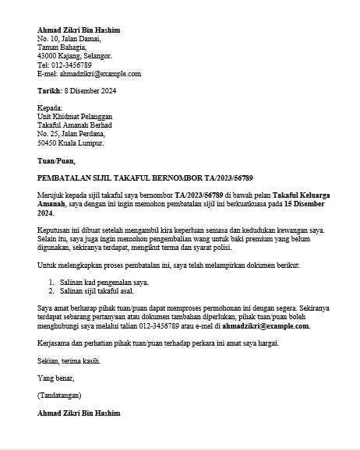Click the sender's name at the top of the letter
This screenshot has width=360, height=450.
[79, 30]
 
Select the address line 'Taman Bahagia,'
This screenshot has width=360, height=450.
[62, 47]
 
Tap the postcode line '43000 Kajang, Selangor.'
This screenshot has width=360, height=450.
[75, 56]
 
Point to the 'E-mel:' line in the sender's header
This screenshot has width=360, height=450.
[89, 74]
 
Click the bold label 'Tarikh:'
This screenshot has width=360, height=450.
[49, 91]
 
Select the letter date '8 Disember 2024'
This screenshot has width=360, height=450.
[90, 91]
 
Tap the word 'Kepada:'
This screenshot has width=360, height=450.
[50, 108]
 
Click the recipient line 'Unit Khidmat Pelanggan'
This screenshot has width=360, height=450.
[75, 117]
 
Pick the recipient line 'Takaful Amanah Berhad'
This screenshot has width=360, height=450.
[75, 125]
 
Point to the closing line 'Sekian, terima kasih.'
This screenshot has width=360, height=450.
[69, 360]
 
